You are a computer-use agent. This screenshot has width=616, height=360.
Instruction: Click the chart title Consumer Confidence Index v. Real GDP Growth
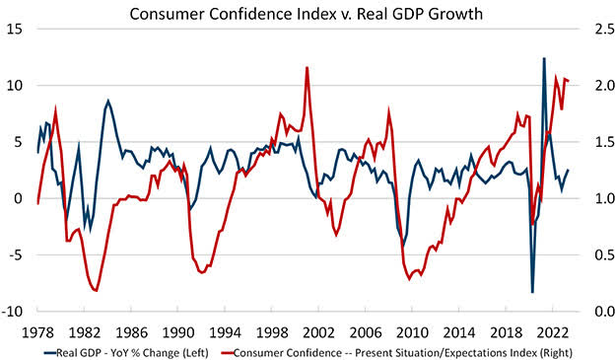click(308, 13)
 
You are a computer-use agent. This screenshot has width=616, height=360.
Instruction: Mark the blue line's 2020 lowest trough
click(532, 292)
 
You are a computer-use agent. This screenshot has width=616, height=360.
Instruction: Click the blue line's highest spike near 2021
click(544, 58)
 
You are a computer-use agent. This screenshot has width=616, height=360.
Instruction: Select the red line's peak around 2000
click(308, 67)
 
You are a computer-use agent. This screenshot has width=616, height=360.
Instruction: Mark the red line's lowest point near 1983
click(96, 291)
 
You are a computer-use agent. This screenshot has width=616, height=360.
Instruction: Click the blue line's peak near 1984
click(108, 101)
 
